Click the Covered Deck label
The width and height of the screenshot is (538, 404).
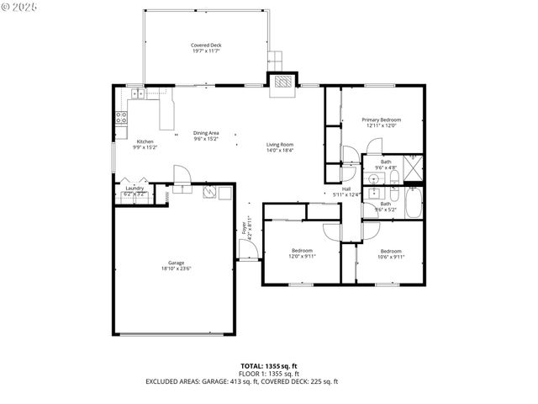pyautogui.click(x=205, y=45)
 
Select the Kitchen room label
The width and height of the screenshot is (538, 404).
pyautogui.click(x=145, y=141)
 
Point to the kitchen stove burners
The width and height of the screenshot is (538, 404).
pyautogui.click(x=121, y=117)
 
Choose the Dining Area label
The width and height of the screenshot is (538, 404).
pyautogui.click(x=206, y=133)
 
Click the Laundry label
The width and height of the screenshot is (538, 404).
pyautogui.click(x=134, y=189)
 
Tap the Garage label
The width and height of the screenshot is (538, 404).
pyautogui.click(x=176, y=263)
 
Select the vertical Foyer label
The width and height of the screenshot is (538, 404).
pyautogui.click(x=245, y=226)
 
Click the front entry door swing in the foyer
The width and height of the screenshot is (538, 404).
pyautogui.click(x=245, y=250)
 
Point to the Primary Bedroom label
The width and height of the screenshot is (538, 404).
pyautogui.click(x=381, y=120)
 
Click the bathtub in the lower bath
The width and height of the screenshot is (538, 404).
pyautogui.click(x=413, y=203)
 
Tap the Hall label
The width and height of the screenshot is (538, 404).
pyautogui.click(x=345, y=189)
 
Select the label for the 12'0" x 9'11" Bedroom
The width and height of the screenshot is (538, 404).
pyautogui.click(x=302, y=250)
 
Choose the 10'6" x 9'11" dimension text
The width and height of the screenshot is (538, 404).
pyautogui.click(x=391, y=257)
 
